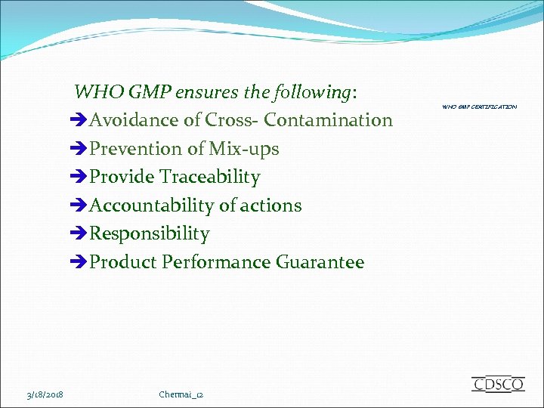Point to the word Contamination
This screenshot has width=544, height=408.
(328, 120)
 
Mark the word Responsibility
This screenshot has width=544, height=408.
(149, 233)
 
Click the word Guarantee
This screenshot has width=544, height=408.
(320, 262)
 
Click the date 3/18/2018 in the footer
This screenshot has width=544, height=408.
(44, 394)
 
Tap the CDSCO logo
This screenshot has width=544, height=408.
(498, 384)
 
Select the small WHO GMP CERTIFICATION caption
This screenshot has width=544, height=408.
(480, 107)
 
